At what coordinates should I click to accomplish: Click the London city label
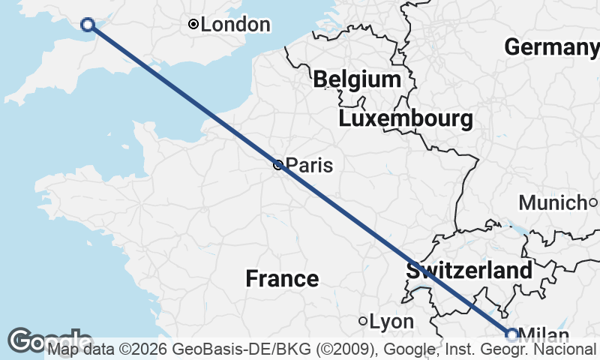click(235, 25)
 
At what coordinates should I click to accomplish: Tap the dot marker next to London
click(193, 25)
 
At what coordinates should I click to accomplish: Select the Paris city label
click(309, 166)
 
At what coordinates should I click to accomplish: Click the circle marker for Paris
click(278, 165)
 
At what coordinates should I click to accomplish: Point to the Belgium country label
click(358, 79)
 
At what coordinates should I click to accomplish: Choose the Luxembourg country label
click(406, 118)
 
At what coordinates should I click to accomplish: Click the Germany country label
click(552, 46)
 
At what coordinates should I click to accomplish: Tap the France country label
click(282, 279)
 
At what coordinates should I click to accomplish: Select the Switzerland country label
click(469, 271)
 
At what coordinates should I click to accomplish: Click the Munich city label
click(552, 202)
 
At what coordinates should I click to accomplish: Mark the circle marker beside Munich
click(592, 202)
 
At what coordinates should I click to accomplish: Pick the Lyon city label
click(391, 322)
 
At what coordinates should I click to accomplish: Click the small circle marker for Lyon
click(363, 321)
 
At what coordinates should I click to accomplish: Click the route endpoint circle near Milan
click(512, 334)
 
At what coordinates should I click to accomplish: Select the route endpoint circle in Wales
click(88, 25)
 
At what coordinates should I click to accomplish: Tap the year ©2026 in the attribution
click(148, 349)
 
